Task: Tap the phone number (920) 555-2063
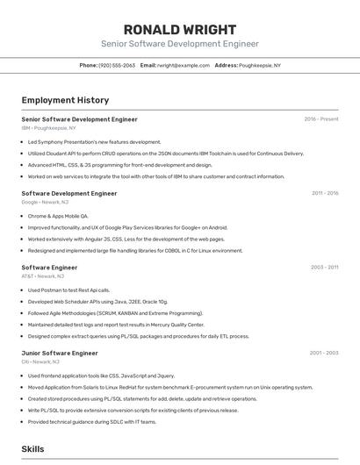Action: pyautogui.click(x=117, y=65)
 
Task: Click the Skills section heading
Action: pyautogui.click(x=32, y=448)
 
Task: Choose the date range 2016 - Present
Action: pyautogui.click(x=321, y=119)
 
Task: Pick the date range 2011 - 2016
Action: pyautogui.click(x=325, y=193)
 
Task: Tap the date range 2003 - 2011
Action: pyautogui.click(x=325, y=267)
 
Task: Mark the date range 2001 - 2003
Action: pyautogui.click(x=324, y=353)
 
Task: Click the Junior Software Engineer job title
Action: pyautogui.click(x=60, y=353)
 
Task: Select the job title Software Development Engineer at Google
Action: pyautogui.click(x=69, y=193)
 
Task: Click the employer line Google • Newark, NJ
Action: pyautogui.click(x=45, y=202)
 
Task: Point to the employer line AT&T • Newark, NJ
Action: pyautogui.click(x=42, y=275)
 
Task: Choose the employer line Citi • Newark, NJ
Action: pyautogui.click(x=40, y=361)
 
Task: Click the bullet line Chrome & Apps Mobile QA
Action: pyautogui.click(x=58, y=215)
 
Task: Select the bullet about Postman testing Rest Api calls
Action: pyautogui.click(x=68, y=290)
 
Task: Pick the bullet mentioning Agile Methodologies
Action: pyautogui.click(x=115, y=312)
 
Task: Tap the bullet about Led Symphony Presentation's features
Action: pyautogui.click(x=94, y=141)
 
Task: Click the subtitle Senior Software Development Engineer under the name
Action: pyautogui.click(x=179, y=43)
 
